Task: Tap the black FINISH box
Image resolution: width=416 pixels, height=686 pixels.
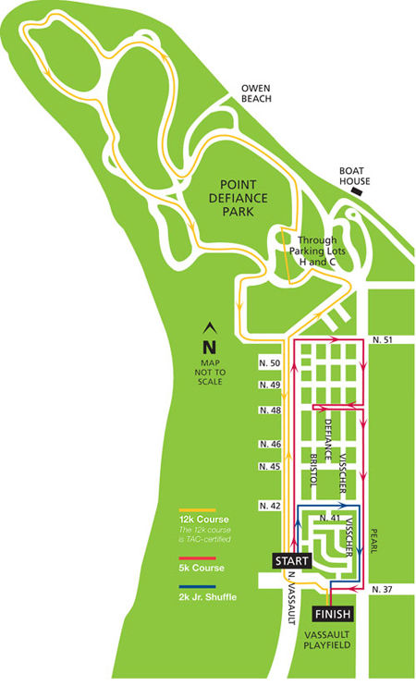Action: tap(332, 614)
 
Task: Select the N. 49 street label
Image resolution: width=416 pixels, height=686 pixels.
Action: tap(269, 385)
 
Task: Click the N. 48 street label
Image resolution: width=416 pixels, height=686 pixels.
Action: tap(269, 410)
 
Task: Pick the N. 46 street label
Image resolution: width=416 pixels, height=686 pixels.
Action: tap(269, 445)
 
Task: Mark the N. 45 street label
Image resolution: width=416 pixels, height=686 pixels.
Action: tap(269, 466)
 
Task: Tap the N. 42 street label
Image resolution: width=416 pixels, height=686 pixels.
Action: tap(269, 506)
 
